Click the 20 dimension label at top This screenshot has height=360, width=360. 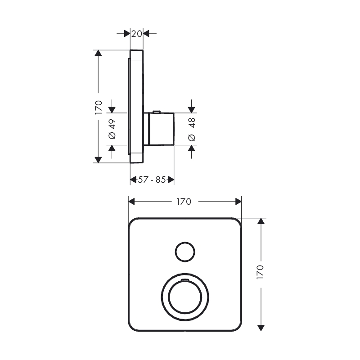tap(137, 34)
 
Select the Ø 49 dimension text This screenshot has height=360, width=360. tap(112, 129)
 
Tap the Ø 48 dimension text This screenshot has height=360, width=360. tap(192, 129)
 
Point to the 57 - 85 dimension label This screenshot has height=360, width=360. tap(152, 180)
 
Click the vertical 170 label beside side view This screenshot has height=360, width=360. tap(99, 108)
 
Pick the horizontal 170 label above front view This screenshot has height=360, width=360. tap(184, 202)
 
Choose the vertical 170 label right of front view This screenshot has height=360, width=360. tap(261, 272)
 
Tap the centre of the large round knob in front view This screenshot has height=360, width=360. tap(185, 297)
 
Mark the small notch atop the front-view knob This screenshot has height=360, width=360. tap(185, 280)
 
